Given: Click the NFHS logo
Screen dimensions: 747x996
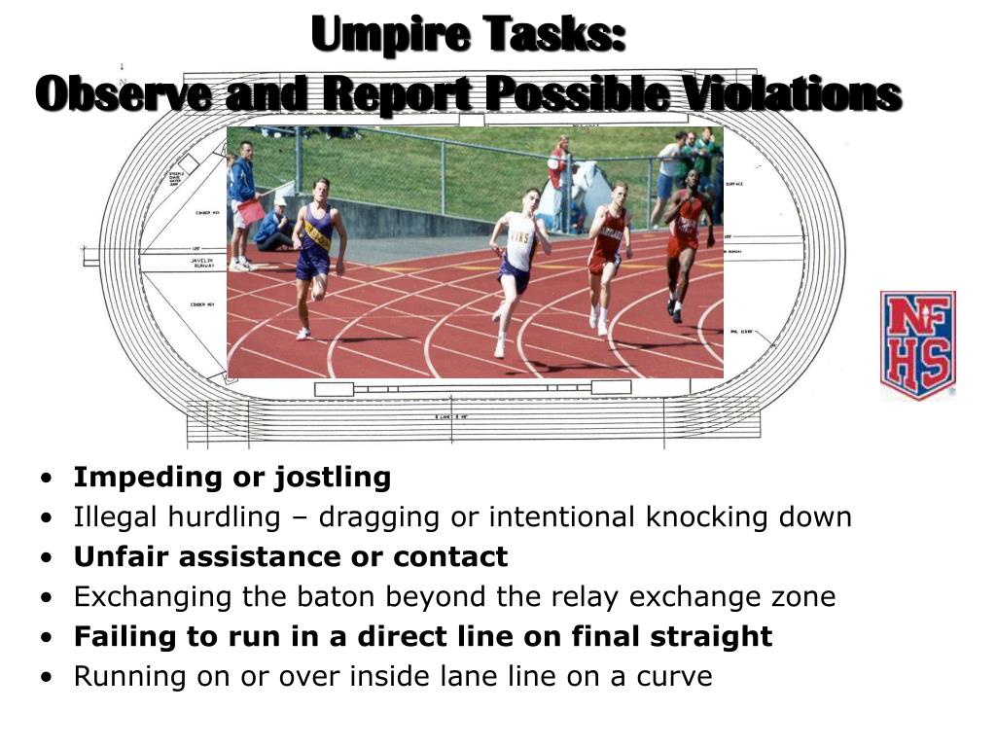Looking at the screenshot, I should (917, 345).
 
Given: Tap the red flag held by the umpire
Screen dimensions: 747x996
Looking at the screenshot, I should (251, 211).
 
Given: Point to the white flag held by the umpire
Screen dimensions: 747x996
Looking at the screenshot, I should (277, 189).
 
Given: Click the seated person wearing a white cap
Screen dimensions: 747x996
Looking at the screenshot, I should (274, 227).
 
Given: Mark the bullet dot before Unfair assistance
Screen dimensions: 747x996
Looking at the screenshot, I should (48, 557).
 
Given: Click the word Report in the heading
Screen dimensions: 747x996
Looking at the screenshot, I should (397, 94).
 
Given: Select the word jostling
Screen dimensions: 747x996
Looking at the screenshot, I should (333, 478).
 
